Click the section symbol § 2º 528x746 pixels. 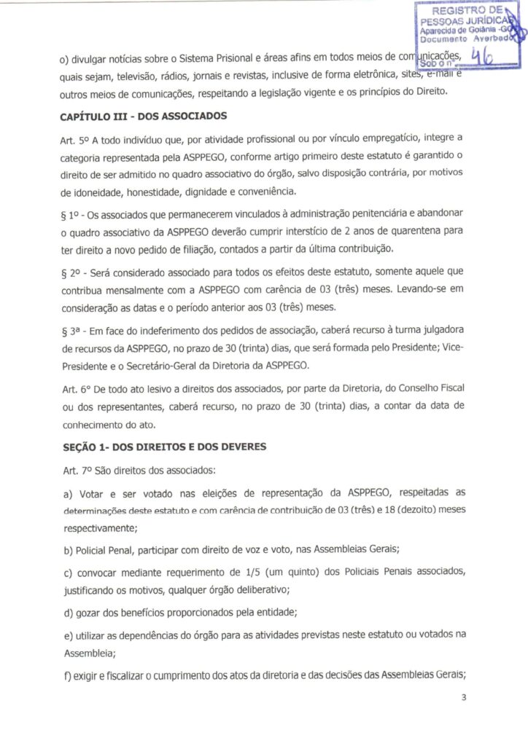(71, 270)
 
